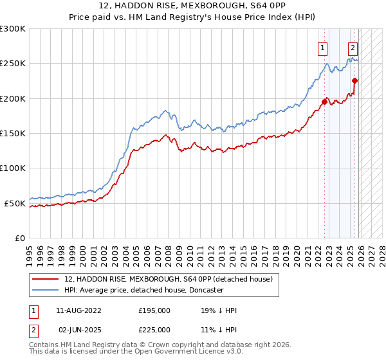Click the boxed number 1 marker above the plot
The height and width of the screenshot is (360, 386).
point(322,47)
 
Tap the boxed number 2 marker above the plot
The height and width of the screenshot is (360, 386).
point(353,47)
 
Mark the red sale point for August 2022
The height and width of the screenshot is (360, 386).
point(324,101)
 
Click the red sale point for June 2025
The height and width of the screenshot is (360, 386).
point(355,80)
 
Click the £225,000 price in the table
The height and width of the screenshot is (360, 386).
point(154,330)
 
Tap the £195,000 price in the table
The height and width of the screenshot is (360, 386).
point(154,310)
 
